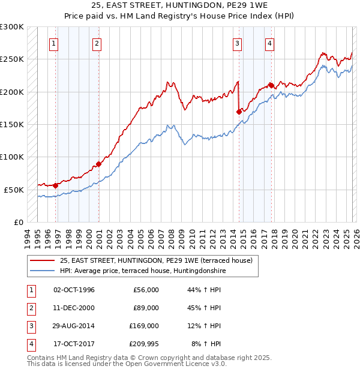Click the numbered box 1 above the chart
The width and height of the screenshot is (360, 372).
[54, 43]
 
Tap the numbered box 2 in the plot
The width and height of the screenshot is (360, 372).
[97, 43]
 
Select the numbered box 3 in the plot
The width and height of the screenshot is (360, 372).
[238, 43]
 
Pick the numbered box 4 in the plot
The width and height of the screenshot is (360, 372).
[270, 43]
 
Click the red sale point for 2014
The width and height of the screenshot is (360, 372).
[239, 111]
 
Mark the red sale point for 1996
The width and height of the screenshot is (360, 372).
[56, 185]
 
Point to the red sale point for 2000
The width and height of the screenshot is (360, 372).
[99, 164]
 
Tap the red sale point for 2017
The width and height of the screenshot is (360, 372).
[271, 85]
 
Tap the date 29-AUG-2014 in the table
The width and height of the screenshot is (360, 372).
[74, 326]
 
